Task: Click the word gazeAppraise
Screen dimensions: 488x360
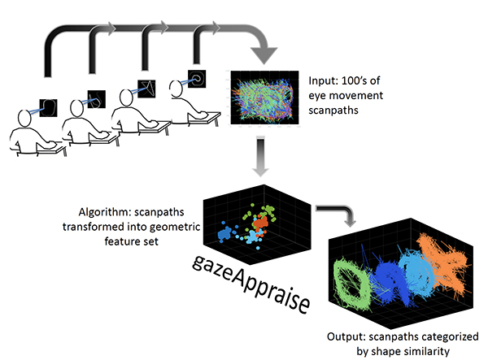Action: [251, 284]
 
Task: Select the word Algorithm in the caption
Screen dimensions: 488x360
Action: [105, 213]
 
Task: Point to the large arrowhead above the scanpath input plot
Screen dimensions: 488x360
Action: [264, 55]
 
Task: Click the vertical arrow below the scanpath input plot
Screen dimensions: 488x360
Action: [260, 155]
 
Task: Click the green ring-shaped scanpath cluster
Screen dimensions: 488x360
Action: [351, 284]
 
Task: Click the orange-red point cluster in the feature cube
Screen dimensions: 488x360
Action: [260, 223]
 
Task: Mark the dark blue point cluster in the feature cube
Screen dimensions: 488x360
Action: [224, 233]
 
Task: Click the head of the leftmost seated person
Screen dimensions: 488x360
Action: [24, 119]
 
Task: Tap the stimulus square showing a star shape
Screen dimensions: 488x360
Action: [146, 89]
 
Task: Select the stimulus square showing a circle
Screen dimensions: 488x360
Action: [197, 79]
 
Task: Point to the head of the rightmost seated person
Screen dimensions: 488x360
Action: [176, 89]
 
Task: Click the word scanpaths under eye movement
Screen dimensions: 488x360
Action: [333, 111]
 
